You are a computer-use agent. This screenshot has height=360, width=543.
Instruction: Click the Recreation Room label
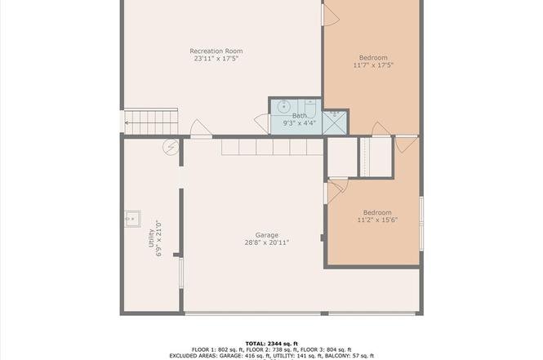coord(216,51)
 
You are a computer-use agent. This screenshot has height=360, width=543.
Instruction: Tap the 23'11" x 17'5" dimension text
coord(216,59)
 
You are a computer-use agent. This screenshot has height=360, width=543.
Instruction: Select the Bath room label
coord(300,116)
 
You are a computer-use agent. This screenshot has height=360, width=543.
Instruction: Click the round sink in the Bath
coord(284,106)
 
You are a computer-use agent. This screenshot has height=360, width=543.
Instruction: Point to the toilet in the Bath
coord(310,108)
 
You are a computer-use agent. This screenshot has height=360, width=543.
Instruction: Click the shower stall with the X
coord(334,122)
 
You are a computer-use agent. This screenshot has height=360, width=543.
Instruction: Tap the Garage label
coord(267,235)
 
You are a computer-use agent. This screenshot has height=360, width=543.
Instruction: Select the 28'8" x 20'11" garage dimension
coord(267,242)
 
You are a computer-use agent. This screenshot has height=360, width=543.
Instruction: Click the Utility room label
coord(151,238)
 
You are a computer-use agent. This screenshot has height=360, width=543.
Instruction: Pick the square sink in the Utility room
coord(132,219)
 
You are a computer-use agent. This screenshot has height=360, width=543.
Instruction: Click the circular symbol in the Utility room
coord(171,148)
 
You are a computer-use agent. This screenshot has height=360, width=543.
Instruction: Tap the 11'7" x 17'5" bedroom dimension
coord(373,65)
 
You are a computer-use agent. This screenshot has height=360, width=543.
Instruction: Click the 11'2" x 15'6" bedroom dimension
coord(377,220)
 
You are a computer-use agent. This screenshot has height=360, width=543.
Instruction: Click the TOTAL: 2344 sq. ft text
coord(271,344)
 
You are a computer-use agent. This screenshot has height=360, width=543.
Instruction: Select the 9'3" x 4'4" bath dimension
coord(300,123)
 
